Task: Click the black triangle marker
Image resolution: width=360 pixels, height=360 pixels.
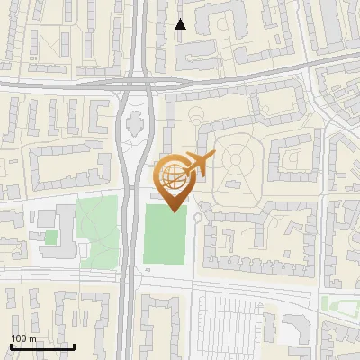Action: point(180,24)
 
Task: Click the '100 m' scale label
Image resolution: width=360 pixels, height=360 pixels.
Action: point(24,338)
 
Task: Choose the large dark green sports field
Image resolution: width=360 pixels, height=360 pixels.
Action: point(166,234)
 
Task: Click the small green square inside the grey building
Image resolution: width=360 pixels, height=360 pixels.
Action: point(51,237)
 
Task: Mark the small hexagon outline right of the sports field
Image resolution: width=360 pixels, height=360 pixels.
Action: point(200,216)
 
